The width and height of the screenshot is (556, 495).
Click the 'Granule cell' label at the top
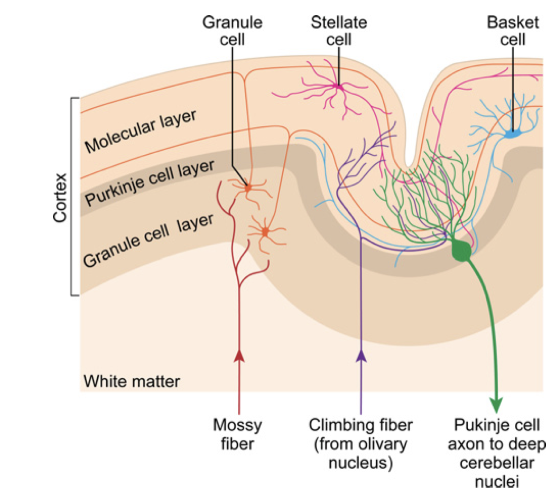pos(233,31)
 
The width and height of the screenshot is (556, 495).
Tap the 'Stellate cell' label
pos(338,31)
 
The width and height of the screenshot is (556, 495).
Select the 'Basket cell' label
pos(513,31)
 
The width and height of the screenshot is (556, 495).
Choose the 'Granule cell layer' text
pos(149,240)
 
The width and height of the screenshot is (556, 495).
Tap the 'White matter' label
pos(132,381)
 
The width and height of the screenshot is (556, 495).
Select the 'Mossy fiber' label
pos(237,433)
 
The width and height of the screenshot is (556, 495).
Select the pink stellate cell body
pos(337,85)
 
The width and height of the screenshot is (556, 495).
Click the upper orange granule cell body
pos(247,187)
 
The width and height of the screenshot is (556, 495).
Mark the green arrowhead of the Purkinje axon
pos(496,404)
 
